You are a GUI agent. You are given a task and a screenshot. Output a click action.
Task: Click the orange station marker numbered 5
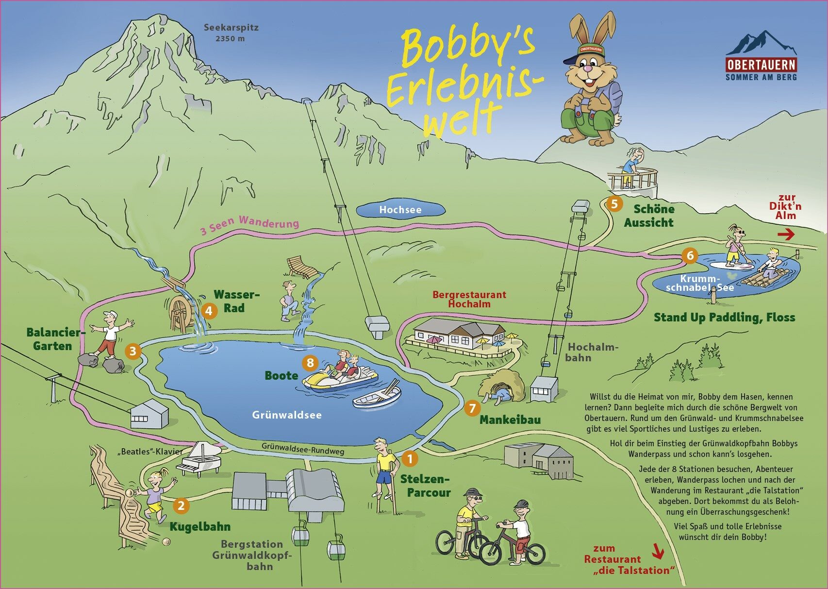click(614, 204)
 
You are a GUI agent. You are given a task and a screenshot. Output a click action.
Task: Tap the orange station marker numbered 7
click(472, 408)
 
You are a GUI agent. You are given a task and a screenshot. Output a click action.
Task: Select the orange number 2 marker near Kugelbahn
click(181, 505)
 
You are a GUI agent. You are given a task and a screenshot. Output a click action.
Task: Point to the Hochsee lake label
click(400, 210)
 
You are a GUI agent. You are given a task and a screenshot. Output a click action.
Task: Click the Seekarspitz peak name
click(231, 27)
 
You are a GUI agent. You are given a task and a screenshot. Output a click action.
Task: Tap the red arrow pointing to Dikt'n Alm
click(786, 235)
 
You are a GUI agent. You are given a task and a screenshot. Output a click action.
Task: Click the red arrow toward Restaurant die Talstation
click(658, 551)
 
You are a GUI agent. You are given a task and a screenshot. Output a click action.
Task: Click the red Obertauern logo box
click(761, 65)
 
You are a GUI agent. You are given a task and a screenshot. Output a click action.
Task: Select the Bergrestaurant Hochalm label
click(469, 299)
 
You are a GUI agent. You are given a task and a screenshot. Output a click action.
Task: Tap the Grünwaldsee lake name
click(287, 415)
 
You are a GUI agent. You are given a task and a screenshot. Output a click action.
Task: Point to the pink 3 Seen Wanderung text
click(249, 225)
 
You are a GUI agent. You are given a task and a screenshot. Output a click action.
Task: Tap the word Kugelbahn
click(200, 526)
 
